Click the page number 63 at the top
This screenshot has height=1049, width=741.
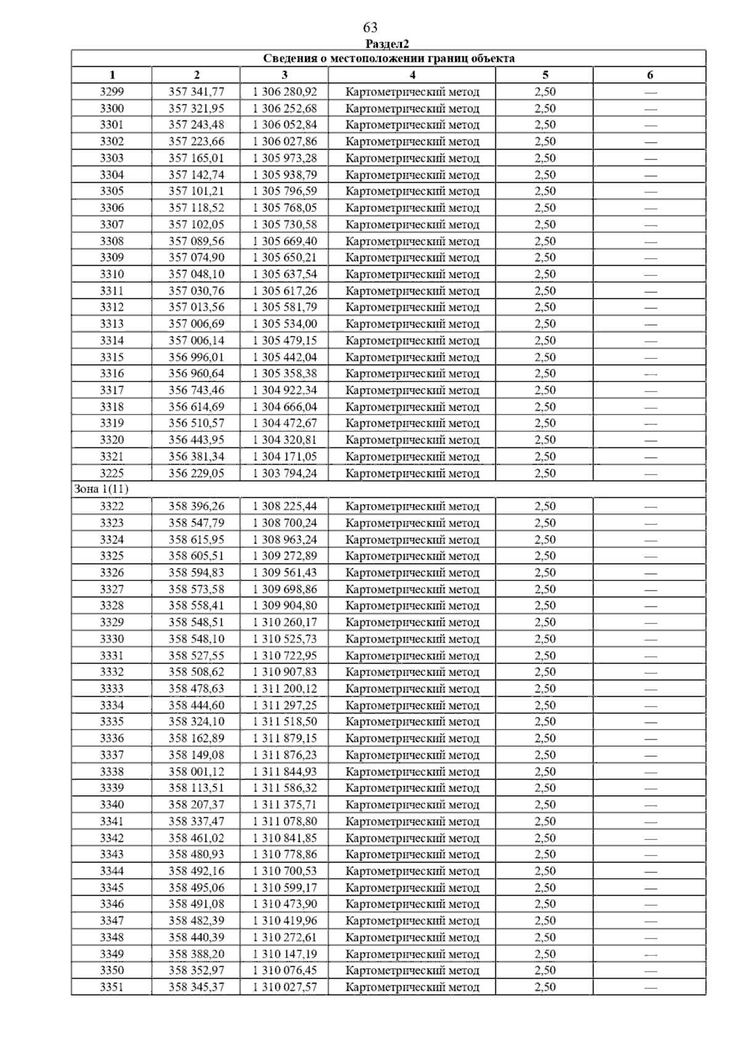(371, 28)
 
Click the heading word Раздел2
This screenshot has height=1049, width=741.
(387, 44)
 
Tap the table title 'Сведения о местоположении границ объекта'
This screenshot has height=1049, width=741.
(388, 59)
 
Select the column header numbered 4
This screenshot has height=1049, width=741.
(412, 75)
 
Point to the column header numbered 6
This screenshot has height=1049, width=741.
(650, 75)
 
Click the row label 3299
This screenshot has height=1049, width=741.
(112, 92)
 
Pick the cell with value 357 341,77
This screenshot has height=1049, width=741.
(196, 92)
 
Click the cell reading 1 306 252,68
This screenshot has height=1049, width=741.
(285, 109)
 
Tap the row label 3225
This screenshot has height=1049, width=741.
(112, 473)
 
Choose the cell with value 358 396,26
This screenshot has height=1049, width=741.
(196, 507)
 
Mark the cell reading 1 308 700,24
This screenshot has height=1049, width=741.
(285, 523)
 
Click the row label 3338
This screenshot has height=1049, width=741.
(112, 772)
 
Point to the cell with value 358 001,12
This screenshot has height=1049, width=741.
(196, 772)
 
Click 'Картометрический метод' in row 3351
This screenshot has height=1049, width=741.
(412, 987)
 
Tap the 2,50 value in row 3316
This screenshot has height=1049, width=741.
(545, 374)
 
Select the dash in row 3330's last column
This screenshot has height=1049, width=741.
(650, 639)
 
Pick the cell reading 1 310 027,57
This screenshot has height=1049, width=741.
(285, 987)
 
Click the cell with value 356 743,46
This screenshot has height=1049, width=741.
(196, 390)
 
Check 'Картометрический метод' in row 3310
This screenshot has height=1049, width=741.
(412, 274)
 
